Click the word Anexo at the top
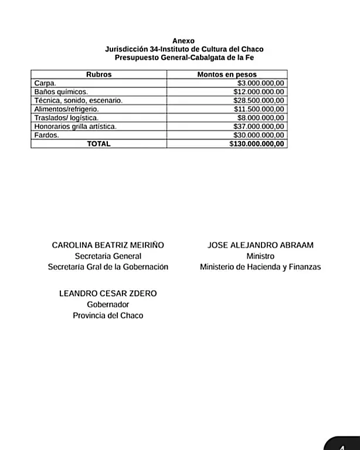tap(179, 40)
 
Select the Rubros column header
tap(99, 75)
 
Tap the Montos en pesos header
tap(227, 75)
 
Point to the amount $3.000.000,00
tap(260, 84)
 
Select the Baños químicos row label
tap(61, 92)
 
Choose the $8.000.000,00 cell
tap(260, 118)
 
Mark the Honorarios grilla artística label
tap(76, 127)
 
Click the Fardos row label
tap(46, 135)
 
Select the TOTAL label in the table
tap(99, 144)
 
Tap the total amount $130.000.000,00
tap(257, 144)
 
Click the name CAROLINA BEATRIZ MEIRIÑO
tap(108, 246)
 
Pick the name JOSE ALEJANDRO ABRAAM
tap(260, 246)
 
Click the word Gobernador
tap(108, 305)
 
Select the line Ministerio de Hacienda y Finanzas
tap(260, 267)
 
